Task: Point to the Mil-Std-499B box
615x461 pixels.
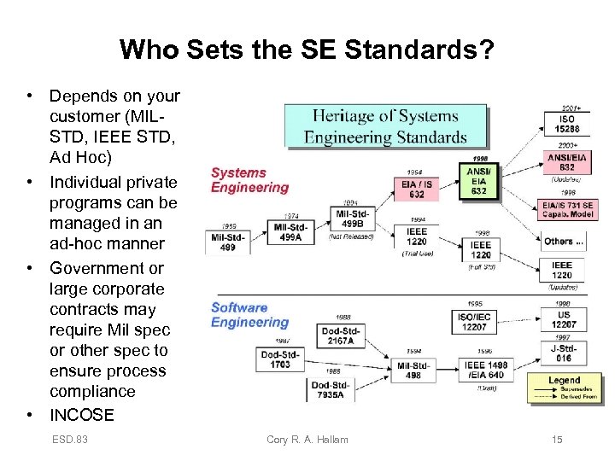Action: pyautogui.click(x=354, y=219)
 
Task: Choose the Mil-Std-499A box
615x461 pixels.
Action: pyautogui.click(x=291, y=232)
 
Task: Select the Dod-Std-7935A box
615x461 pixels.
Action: pyautogui.click(x=331, y=389)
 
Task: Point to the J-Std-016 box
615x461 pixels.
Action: pyautogui.click(x=564, y=353)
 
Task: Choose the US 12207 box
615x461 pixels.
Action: pyautogui.click(x=563, y=319)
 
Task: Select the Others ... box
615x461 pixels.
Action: pyautogui.click(x=565, y=242)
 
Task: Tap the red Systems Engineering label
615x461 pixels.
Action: pyautogui.click(x=250, y=180)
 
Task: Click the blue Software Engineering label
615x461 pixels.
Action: pyautogui.click(x=250, y=315)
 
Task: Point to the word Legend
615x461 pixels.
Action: pyautogui.click(x=564, y=380)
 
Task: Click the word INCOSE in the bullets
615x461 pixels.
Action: pyautogui.click(x=81, y=415)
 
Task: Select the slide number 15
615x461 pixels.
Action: pyautogui.click(x=556, y=440)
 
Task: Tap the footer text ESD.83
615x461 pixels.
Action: pyautogui.click(x=69, y=440)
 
